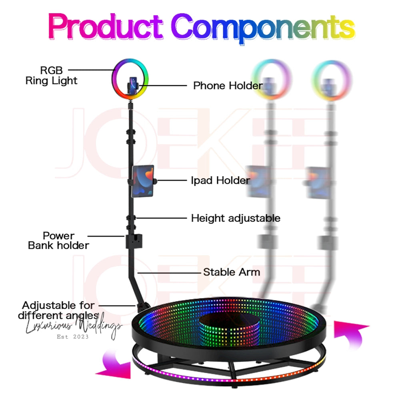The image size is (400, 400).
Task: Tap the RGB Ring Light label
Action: coord(51,75)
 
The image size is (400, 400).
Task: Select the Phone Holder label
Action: coord(228,85)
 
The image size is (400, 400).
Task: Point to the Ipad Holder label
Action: coord(220,180)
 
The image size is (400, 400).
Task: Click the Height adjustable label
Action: coord(236,218)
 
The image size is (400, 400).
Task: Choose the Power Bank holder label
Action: coord(58,240)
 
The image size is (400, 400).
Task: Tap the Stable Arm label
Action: coord(232,272)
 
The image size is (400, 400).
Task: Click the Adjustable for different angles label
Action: coord(58,310)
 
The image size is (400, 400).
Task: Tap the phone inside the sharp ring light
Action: coord(132,84)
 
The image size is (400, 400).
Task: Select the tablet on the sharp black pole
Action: coord(143,181)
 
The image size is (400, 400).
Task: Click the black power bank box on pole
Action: coord(133,241)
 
